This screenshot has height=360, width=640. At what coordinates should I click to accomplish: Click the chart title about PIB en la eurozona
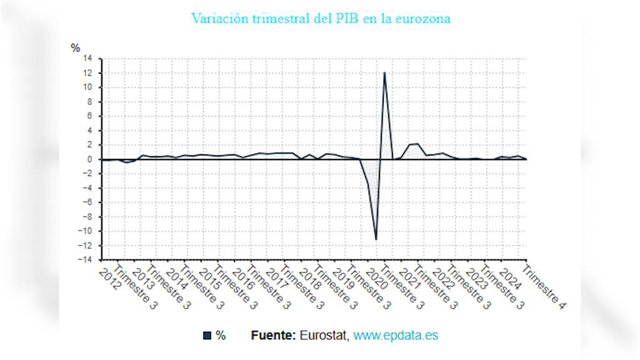pyautogui.click(x=321, y=18)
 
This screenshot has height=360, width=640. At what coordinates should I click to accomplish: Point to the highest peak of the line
pyautogui.click(x=384, y=73)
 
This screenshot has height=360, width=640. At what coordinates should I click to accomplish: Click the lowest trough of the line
pyautogui.click(x=376, y=240)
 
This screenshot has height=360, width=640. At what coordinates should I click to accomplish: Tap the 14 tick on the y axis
pyautogui.click(x=87, y=58)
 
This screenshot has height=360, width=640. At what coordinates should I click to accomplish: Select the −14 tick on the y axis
pyautogui.click(x=85, y=260)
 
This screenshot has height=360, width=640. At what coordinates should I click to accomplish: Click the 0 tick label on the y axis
pyautogui.click(x=89, y=159)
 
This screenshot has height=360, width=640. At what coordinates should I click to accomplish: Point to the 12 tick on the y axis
pyautogui.click(x=87, y=73)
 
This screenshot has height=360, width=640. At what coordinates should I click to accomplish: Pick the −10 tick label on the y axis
pyautogui.click(x=85, y=231)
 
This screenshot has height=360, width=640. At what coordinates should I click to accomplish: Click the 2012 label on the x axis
pyautogui.click(x=110, y=280)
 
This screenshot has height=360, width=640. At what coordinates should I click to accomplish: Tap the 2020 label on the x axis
pyautogui.click(x=377, y=280)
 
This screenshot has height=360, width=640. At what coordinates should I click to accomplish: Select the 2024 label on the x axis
pyautogui.click(x=510, y=280)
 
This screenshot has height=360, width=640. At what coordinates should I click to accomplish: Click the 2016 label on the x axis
pyautogui.click(x=243, y=280)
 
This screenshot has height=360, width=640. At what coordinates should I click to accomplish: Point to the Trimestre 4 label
pyautogui.click(x=544, y=287)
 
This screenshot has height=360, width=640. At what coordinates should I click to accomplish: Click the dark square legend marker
pyautogui.click(x=207, y=336)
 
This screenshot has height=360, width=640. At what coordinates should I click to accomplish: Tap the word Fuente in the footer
pyautogui.click(x=273, y=336)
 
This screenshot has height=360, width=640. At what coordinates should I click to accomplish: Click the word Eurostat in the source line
pyautogui.click(x=324, y=336)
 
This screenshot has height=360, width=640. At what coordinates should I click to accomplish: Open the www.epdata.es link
pyautogui.click(x=396, y=336)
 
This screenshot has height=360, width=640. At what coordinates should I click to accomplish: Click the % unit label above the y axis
pyautogui.click(x=75, y=48)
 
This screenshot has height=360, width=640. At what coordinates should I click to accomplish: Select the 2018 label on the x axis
pyautogui.click(x=310, y=280)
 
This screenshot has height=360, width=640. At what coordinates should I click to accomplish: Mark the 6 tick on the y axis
pyautogui.click(x=89, y=116)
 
